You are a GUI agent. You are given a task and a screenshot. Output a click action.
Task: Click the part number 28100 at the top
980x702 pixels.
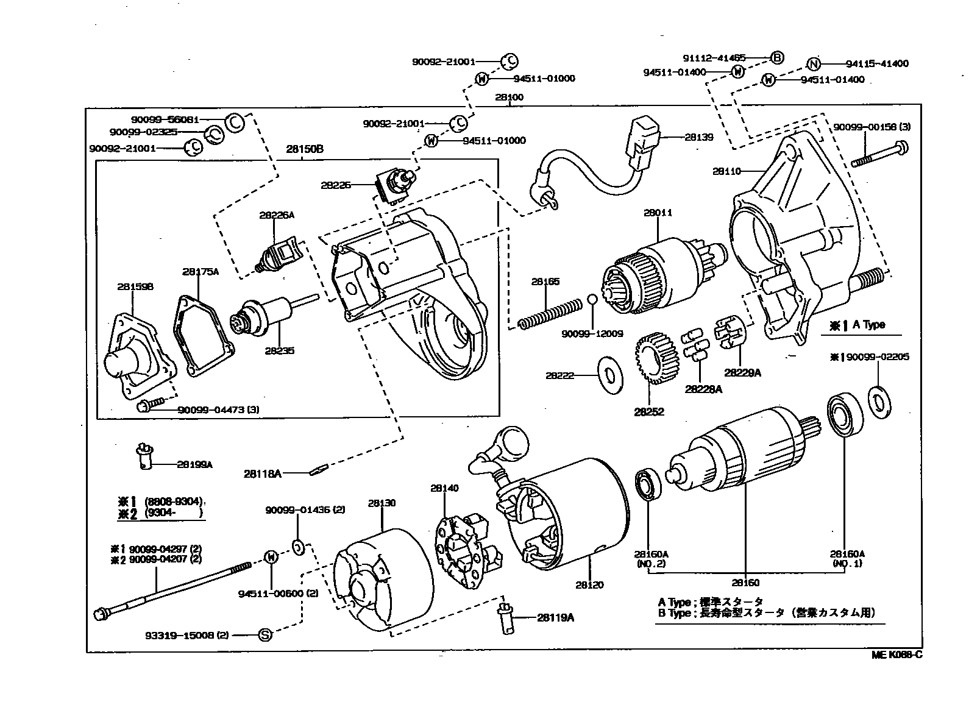(509, 97)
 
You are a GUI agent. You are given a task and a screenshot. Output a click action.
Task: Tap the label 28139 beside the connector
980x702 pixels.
(698, 137)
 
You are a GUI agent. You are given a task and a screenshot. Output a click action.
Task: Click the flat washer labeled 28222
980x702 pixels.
(609, 376)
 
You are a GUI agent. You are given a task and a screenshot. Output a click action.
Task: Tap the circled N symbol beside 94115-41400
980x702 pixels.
(814, 63)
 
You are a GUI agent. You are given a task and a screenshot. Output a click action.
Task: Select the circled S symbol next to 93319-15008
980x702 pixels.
(265, 635)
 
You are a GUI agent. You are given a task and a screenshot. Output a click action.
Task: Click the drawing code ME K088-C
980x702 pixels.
(896, 655)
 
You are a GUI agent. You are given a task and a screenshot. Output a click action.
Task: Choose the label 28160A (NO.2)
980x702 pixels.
(650, 559)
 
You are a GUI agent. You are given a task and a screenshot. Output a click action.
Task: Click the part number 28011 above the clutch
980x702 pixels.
(658, 213)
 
